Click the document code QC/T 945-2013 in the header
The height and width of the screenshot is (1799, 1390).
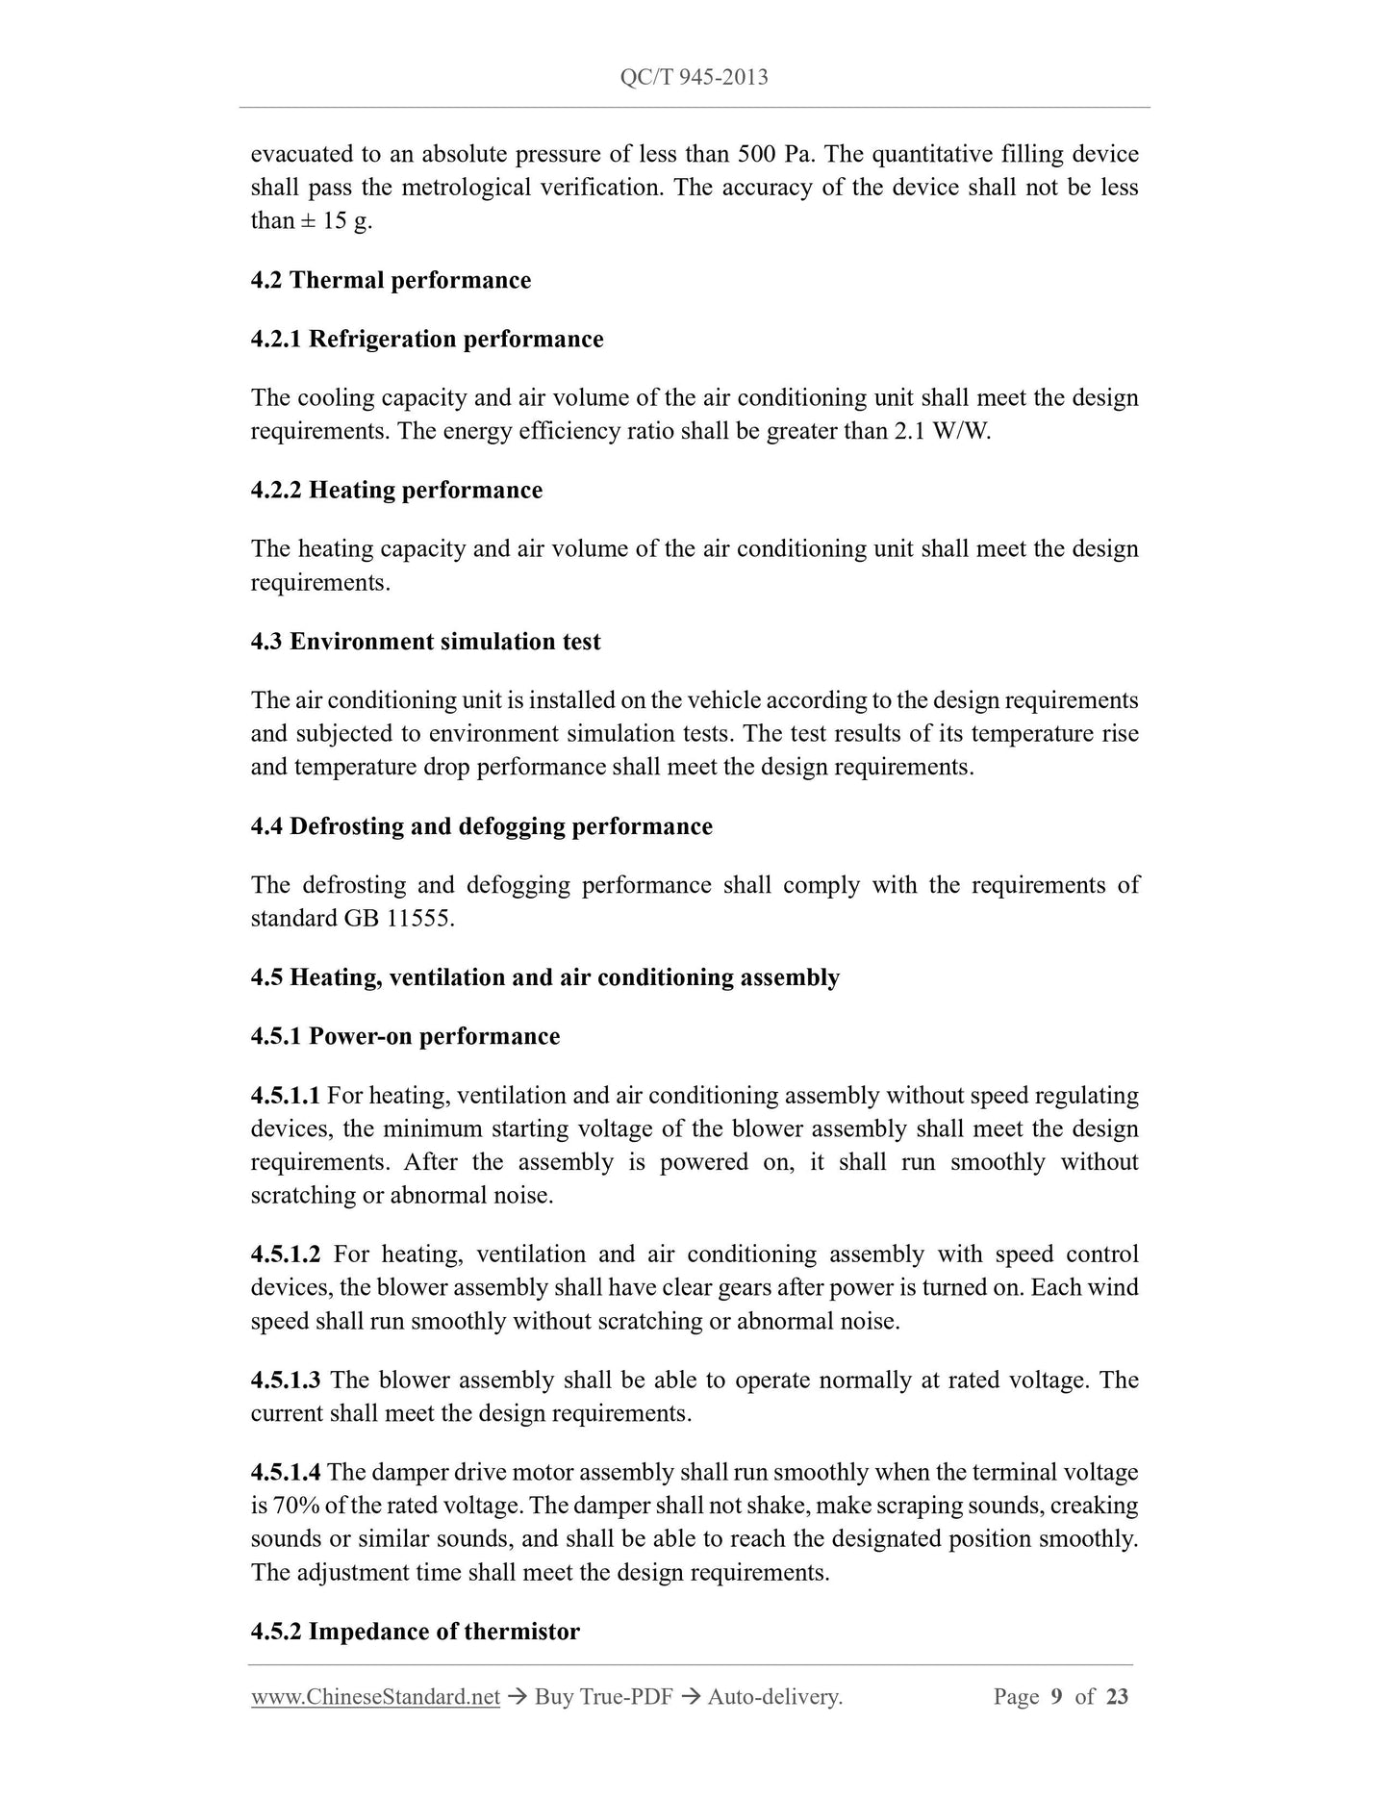(x=695, y=78)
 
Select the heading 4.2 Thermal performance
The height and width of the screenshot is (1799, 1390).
(x=391, y=280)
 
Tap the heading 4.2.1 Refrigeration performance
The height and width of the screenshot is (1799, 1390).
(x=427, y=339)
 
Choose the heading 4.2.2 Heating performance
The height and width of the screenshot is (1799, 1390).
(x=396, y=490)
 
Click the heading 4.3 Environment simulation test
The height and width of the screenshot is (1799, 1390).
(x=425, y=642)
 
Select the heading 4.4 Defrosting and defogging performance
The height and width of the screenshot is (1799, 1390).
(x=481, y=826)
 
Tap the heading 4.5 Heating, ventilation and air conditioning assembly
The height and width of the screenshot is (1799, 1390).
(x=544, y=977)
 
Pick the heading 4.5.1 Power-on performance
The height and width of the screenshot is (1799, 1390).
(x=405, y=1036)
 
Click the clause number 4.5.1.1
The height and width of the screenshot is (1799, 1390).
(x=286, y=1096)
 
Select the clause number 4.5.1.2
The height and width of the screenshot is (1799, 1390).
(x=286, y=1254)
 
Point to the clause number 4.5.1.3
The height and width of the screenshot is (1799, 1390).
(x=286, y=1381)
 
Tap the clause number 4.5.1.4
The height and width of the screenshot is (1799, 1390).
(x=286, y=1472)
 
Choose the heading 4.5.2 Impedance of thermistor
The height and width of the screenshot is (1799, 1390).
(x=415, y=1632)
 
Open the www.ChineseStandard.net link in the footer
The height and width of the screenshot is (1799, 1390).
(x=375, y=1697)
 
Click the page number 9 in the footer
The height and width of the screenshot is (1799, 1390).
(x=1056, y=1696)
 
